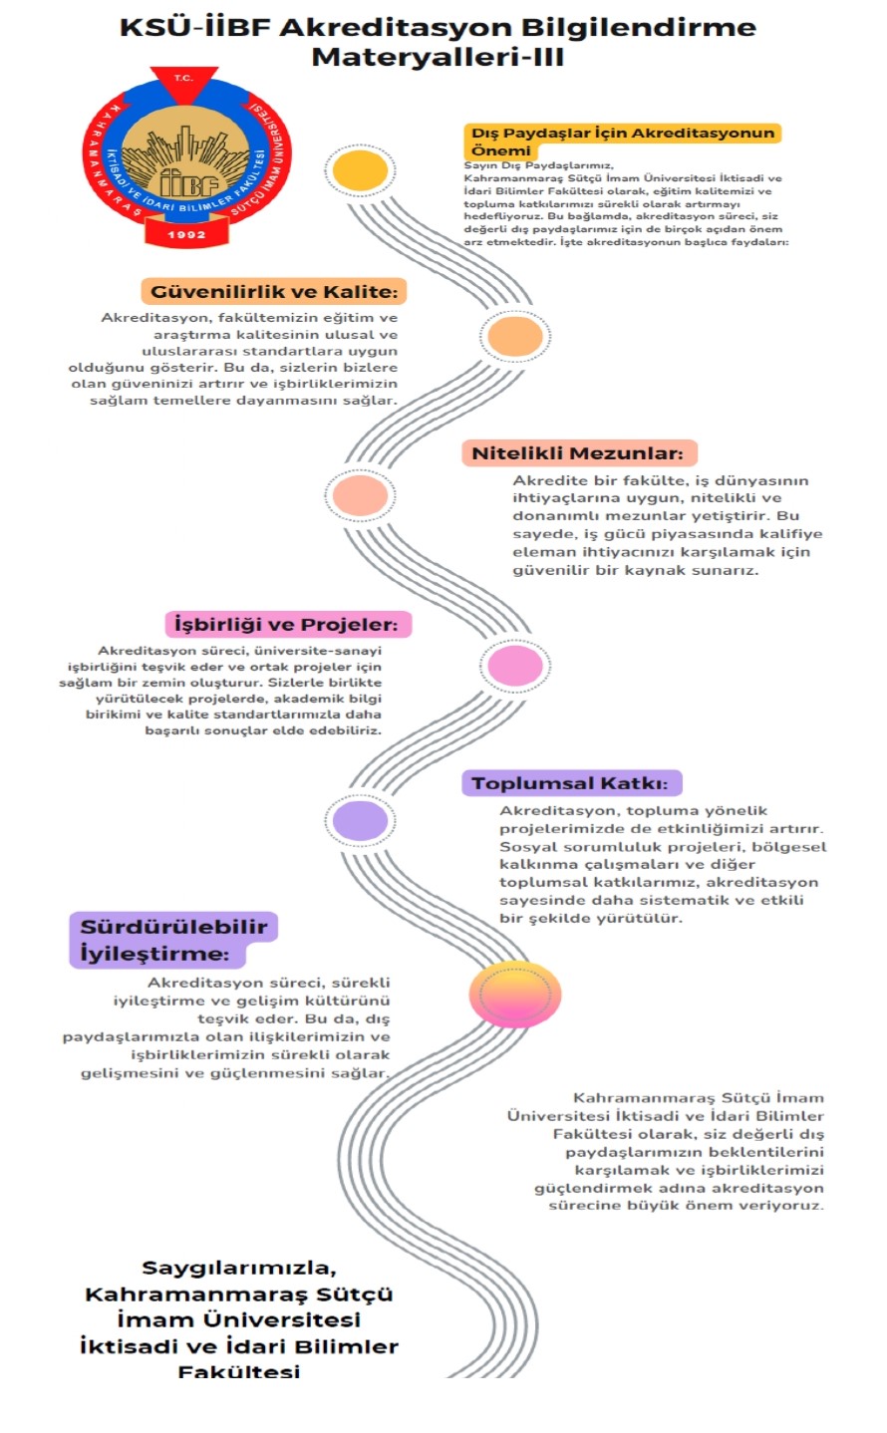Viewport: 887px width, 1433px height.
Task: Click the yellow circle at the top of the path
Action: (x=361, y=170)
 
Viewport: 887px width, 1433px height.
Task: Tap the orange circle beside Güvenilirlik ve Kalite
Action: (x=515, y=336)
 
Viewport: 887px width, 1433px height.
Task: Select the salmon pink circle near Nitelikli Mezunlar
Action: (x=361, y=495)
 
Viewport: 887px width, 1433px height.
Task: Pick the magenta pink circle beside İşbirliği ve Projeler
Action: (x=515, y=666)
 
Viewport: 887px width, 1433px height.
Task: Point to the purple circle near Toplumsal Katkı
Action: (x=361, y=820)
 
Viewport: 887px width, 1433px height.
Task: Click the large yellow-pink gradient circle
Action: (x=515, y=994)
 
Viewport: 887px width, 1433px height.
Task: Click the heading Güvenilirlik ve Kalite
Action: (x=274, y=292)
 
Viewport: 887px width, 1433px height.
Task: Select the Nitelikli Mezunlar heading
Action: (x=578, y=453)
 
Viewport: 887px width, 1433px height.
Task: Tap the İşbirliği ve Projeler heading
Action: (x=286, y=624)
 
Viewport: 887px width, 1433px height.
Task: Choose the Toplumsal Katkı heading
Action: (x=570, y=783)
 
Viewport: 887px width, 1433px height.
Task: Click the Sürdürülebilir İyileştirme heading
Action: (x=173, y=940)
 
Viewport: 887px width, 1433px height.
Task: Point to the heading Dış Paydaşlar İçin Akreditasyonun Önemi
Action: (x=623, y=142)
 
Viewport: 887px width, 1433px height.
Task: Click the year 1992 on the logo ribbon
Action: (x=187, y=235)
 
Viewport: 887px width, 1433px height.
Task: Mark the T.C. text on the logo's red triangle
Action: (x=183, y=78)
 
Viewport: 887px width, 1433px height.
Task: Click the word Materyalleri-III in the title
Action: (x=438, y=57)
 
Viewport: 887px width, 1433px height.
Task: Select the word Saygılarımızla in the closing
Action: (x=239, y=1268)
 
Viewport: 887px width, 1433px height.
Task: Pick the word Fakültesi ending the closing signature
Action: (x=239, y=1372)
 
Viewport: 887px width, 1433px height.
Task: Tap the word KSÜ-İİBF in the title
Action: (x=195, y=27)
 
